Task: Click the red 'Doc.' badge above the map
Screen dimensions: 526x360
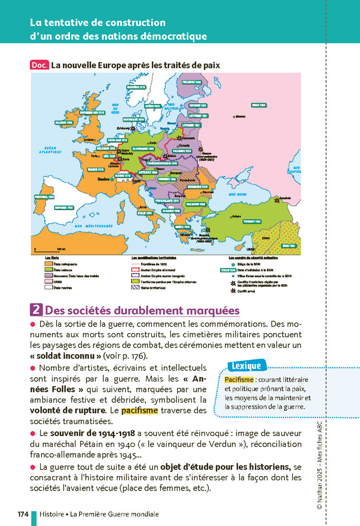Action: pos(40,65)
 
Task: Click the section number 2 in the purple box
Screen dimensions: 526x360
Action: pos(37,310)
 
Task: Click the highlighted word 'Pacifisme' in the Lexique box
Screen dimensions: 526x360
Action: pos(239,379)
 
